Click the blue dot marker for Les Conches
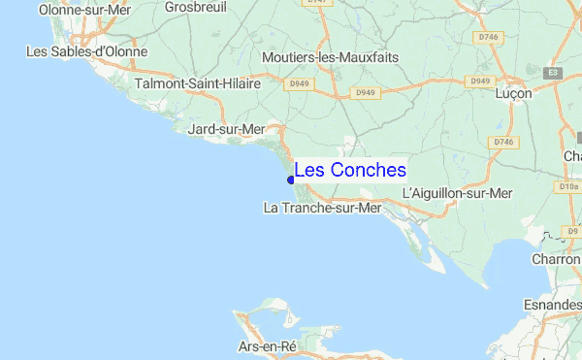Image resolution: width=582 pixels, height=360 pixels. [x=291, y=179]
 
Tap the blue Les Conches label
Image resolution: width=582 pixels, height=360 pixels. [x=350, y=170]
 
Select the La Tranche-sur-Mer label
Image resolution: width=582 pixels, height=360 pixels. [x=323, y=208]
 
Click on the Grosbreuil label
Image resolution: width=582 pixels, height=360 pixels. [x=195, y=7]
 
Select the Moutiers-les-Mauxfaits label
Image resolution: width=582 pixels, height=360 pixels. [x=330, y=57]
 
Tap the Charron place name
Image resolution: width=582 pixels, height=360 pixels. [x=557, y=259]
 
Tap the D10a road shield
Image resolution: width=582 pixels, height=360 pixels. [x=568, y=185]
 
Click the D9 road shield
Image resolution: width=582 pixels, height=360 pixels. [x=573, y=230]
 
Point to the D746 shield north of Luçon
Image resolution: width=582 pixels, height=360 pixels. [x=489, y=37]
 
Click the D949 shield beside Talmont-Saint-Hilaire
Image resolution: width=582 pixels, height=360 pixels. [x=299, y=84]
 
